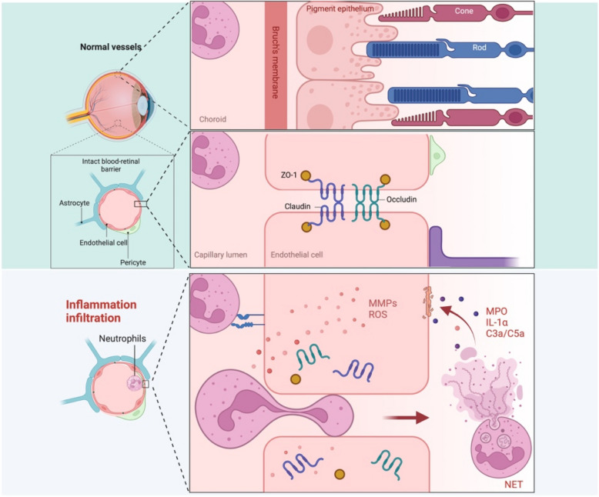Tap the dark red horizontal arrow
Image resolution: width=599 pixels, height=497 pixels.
coord(406,418)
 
